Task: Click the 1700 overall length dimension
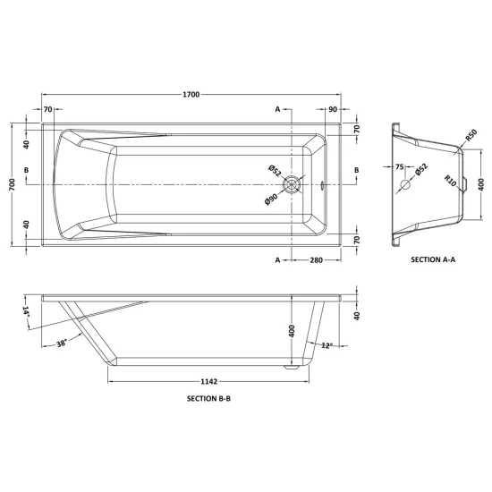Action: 191,95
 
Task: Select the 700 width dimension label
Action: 13,184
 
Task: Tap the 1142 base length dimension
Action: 209,382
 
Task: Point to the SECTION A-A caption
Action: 433,259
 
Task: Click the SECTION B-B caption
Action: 208,398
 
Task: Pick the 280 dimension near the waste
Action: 317,260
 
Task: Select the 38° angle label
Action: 62,344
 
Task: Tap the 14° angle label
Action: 26,311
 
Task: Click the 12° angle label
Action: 327,345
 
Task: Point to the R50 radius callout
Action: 471,135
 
